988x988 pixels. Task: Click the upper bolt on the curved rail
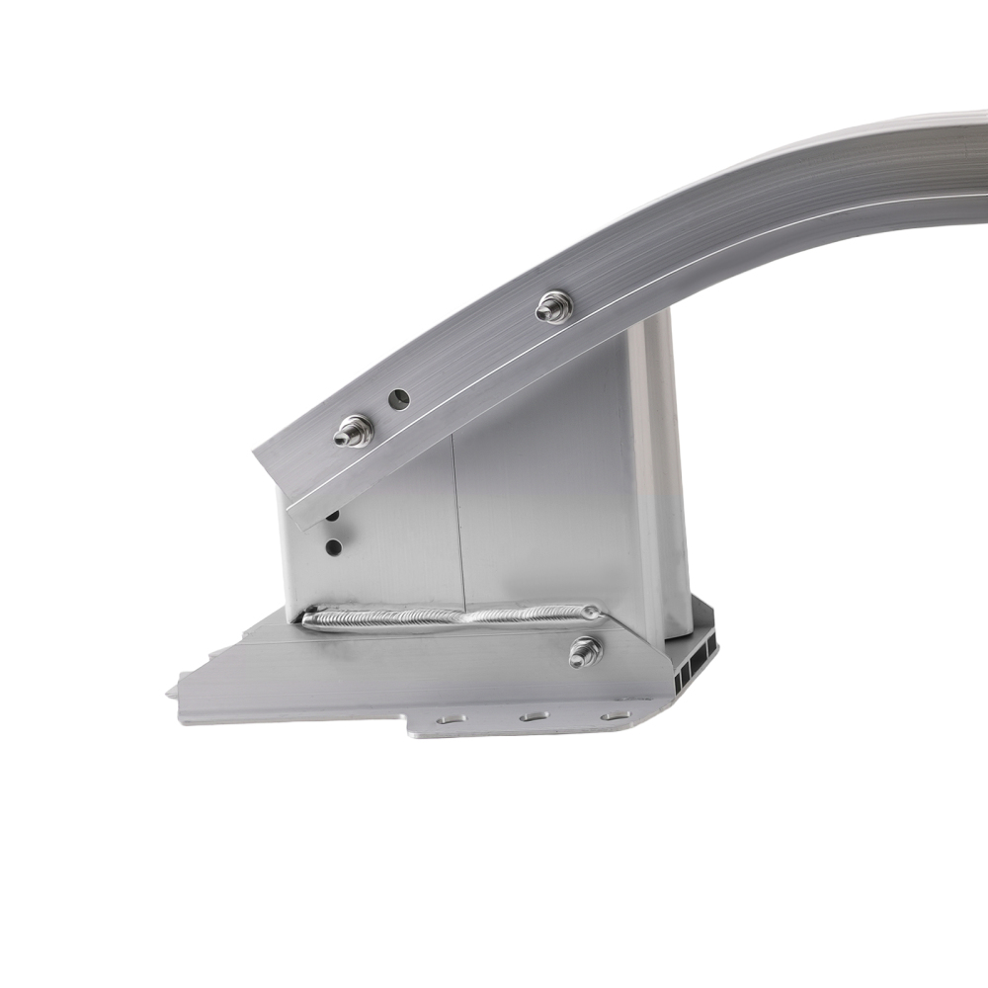[554, 307]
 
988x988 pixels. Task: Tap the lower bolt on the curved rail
[353, 431]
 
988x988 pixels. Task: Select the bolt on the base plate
[585, 651]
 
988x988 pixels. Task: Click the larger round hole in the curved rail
[399, 399]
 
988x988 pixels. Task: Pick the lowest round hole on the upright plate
[334, 546]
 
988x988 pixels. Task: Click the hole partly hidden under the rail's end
[332, 516]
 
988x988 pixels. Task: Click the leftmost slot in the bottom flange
[451, 720]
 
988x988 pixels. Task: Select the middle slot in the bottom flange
[535, 715]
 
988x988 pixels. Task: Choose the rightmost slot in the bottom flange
[615, 712]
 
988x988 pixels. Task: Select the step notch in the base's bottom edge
[408, 728]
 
